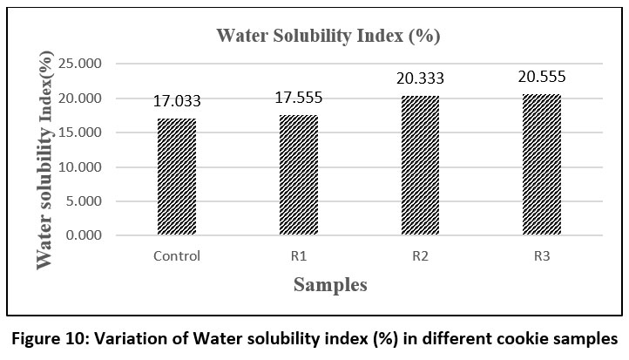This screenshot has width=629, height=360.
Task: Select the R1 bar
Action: click(x=297, y=175)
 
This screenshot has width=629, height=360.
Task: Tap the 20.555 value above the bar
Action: click(x=542, y=78)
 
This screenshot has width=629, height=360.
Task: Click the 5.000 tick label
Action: click(x=85, y=201)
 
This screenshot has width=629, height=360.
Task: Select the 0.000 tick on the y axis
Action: click(x=85, y=235)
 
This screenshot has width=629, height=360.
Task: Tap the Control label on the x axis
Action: click(x=176, y=256)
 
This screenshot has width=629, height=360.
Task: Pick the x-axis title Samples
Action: click(x=329, y=285)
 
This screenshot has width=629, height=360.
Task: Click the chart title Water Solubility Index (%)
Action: click(x=328, y=37)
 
